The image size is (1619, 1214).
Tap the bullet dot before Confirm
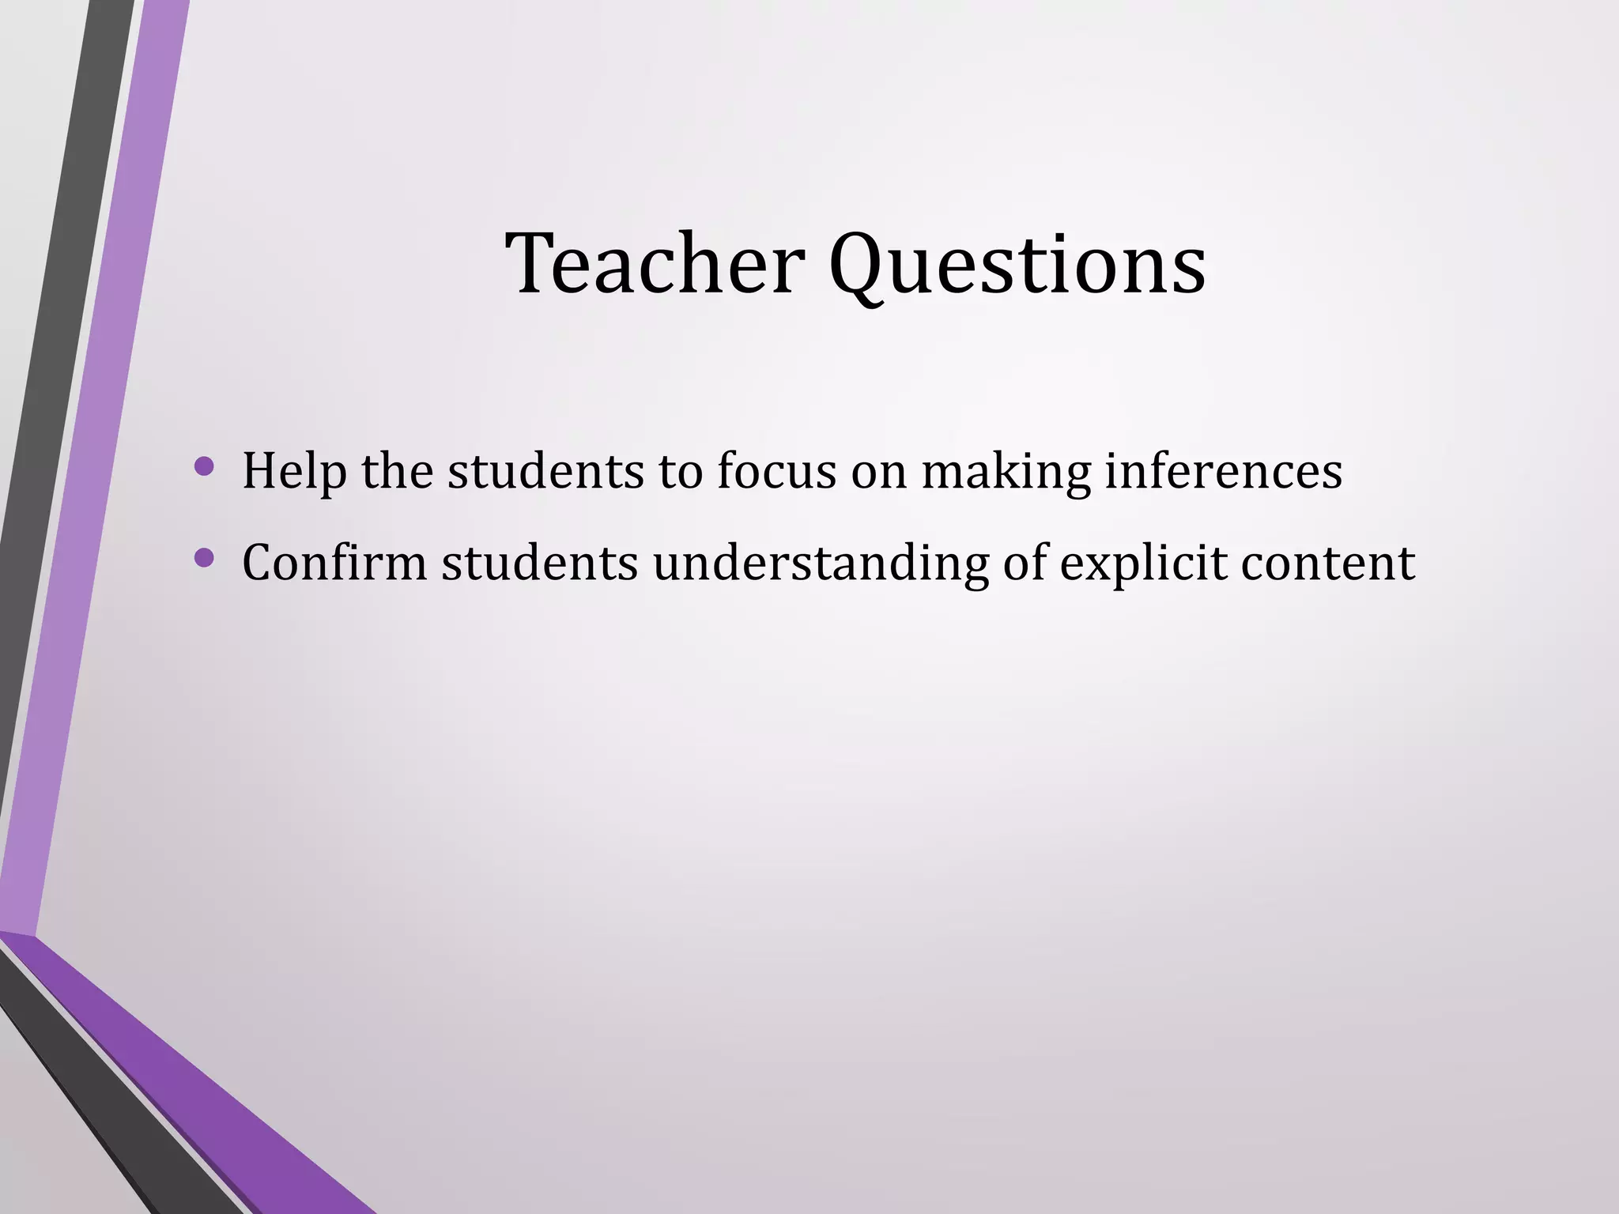click(x=204, y=558)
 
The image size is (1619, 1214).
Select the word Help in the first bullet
click(x=294, y=471)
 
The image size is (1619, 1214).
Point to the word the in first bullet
click(x=397, y=471)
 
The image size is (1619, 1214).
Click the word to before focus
click(x=679, y=473)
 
